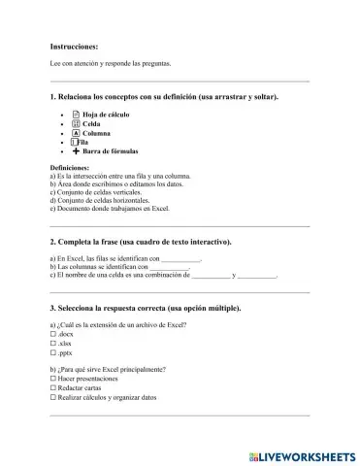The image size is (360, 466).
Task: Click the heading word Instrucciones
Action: (x=74, y=46)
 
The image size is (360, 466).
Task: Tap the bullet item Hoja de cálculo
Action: (x=106, y=115)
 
